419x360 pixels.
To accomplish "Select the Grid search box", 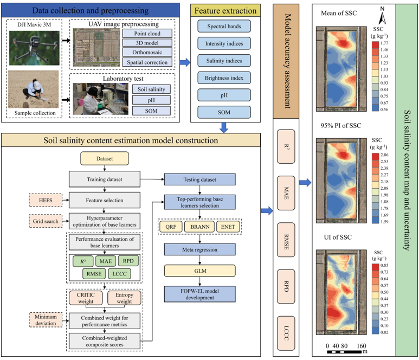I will tap(46, 222).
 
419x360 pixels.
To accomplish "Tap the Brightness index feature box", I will tap(224, 78).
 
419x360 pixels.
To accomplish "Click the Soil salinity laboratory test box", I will tap(152, 88).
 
